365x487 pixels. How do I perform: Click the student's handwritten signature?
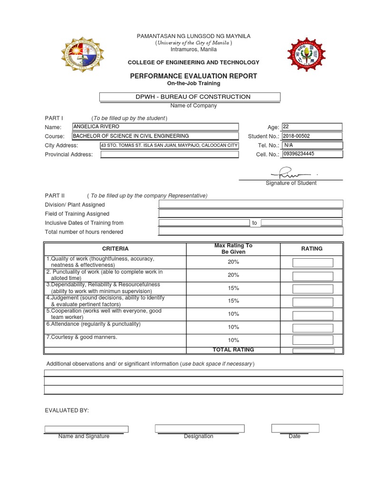pos(290,173)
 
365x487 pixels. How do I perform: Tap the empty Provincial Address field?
pos(169,154)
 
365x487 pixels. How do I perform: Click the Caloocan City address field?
pos(169,146)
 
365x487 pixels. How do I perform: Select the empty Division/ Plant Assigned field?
pos(250,205)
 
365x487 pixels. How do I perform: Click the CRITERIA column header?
pos(115,249)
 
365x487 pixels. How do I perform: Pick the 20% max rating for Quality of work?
pos(233,262)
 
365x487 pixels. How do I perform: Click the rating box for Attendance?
pos(313,328)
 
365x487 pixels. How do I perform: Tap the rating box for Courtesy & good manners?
pos(313,340)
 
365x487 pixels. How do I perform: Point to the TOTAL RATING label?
pos(233,350)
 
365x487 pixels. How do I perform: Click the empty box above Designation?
pos(200,428)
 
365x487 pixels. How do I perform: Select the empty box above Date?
pos(295,428)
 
